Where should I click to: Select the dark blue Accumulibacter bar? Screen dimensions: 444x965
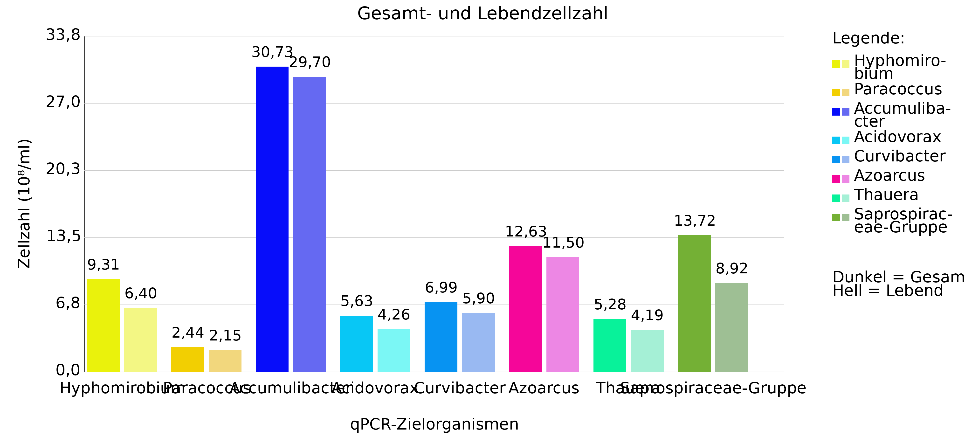pos(272,219)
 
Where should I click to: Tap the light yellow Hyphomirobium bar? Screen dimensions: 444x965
pos(140,340)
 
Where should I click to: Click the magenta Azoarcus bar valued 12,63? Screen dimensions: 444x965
pos(525,308)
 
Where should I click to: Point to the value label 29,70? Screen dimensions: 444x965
pos(310,62)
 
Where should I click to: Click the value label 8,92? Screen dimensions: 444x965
pos(732,269)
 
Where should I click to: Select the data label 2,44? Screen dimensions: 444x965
pos(188,333)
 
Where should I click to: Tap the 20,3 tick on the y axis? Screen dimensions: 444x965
pos(63,169)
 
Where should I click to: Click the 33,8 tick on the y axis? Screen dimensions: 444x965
pos(63,35)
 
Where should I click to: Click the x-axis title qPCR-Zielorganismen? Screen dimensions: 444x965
pos(434,424)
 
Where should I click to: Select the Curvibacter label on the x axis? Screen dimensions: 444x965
pos(460,388)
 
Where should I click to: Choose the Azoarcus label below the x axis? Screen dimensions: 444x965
pos(544,388)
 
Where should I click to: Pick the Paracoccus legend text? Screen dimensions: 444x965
pos(897,90)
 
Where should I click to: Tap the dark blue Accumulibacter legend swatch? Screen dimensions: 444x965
pos(836,112)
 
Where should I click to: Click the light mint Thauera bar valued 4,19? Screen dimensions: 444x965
pos(647,350)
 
